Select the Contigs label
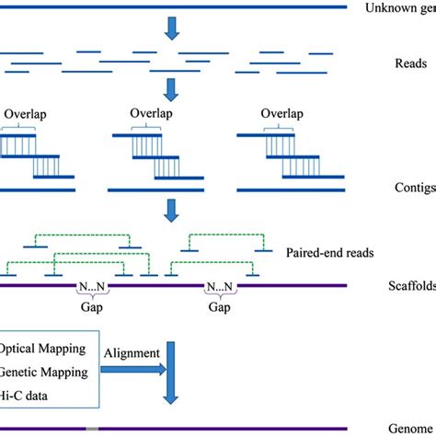pos(409,187)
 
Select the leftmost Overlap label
pos(27,114)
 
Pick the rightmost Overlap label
pos(281,114)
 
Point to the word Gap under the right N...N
pos(218,308)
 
